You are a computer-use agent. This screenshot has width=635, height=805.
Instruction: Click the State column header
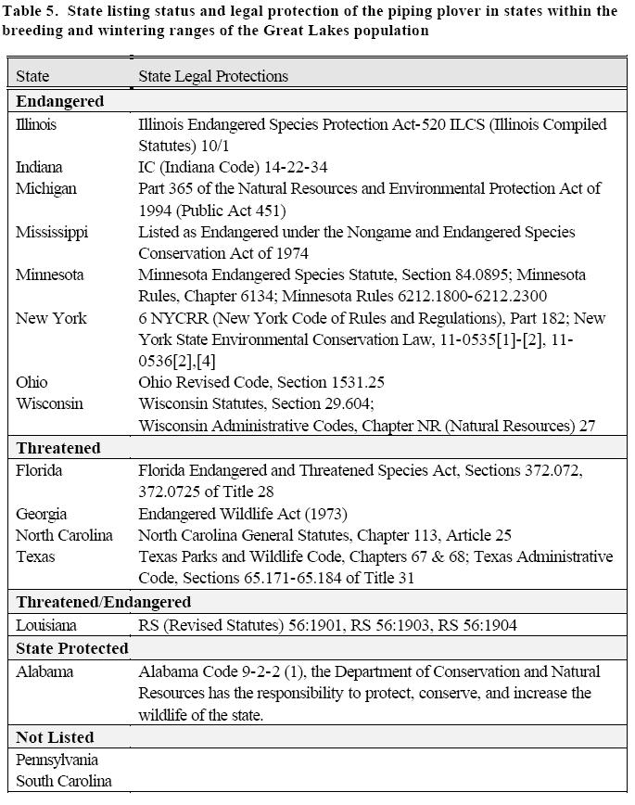pyautogui.click(x=32, y=76)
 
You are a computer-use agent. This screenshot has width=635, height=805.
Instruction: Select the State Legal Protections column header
pyautogui.click(x=213, y=76)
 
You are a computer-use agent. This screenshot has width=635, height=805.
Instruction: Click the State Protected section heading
pyautogui.click(x=71, y=648)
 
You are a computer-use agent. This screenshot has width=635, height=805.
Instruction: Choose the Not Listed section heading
pyautogui.click(x=55, y=737)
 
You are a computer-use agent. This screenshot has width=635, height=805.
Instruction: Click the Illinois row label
pyautogui.click(x=36, y=124)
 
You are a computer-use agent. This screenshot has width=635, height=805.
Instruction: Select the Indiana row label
pyautogui.click(x=39, y=167)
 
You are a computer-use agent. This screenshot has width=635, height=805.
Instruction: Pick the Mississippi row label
pyautogui.click(x=52, y=232)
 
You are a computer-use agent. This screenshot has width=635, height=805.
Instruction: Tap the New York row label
pyautogui.click(x=51, y=318)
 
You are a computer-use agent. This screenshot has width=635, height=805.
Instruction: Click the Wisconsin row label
pyautogui.click(x=49, y=404)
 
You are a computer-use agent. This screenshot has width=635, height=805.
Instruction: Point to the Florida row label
pyautogui.click(x=39, y=470)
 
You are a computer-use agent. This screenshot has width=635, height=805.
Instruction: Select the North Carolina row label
pyautogui.click(x=64, y=535)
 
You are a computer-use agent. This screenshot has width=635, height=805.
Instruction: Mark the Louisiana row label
pyautogui.click(x=46, y=625)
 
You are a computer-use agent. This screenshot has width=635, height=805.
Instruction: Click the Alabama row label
pyautogui.click(x=44, y=671)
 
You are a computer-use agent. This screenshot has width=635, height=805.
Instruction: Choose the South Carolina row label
pyautogui.click(x=63, y=781)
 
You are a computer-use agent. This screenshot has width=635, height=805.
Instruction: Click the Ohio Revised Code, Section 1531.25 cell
pyautogui.click(x=261, y=382)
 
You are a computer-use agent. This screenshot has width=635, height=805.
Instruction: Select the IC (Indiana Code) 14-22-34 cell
pyautogui.click(x=233, y=167)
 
